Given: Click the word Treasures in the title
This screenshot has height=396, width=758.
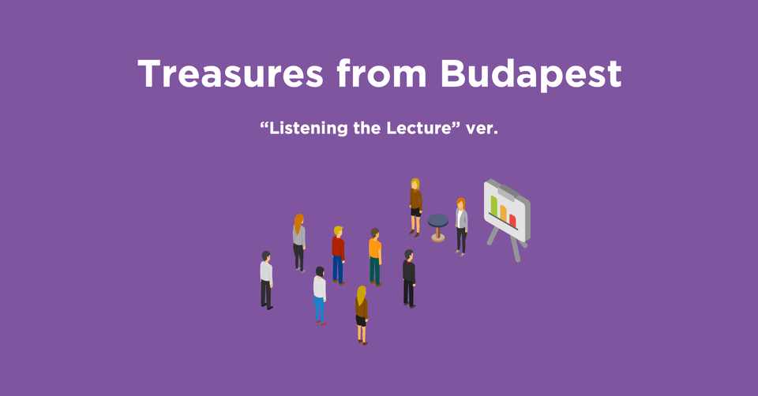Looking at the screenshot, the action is point(231,74).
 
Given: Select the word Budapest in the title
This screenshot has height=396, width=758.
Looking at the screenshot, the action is point(531,76).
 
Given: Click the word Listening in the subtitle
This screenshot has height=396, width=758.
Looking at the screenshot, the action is point(309,129).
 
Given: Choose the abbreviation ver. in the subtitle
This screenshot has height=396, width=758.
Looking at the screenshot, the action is point(482,129).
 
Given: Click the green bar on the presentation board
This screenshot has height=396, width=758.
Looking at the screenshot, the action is point(494,205).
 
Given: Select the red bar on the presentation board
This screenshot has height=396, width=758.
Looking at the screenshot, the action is point(512,221).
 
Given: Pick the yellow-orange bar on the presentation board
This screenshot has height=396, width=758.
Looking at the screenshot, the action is point(503,213).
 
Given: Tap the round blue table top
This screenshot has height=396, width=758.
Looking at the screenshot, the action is point(438,221).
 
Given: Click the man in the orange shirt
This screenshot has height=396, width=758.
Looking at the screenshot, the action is point(375,257).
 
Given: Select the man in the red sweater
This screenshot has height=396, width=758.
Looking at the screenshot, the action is point(339,255).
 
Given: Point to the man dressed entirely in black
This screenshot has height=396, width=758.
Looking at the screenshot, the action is point(409,278).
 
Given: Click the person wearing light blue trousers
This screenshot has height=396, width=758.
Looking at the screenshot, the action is point(320,296).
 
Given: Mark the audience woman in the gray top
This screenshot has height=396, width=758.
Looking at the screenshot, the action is point(299,242).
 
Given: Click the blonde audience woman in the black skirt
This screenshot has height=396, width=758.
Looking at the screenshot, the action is point(362,316).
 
